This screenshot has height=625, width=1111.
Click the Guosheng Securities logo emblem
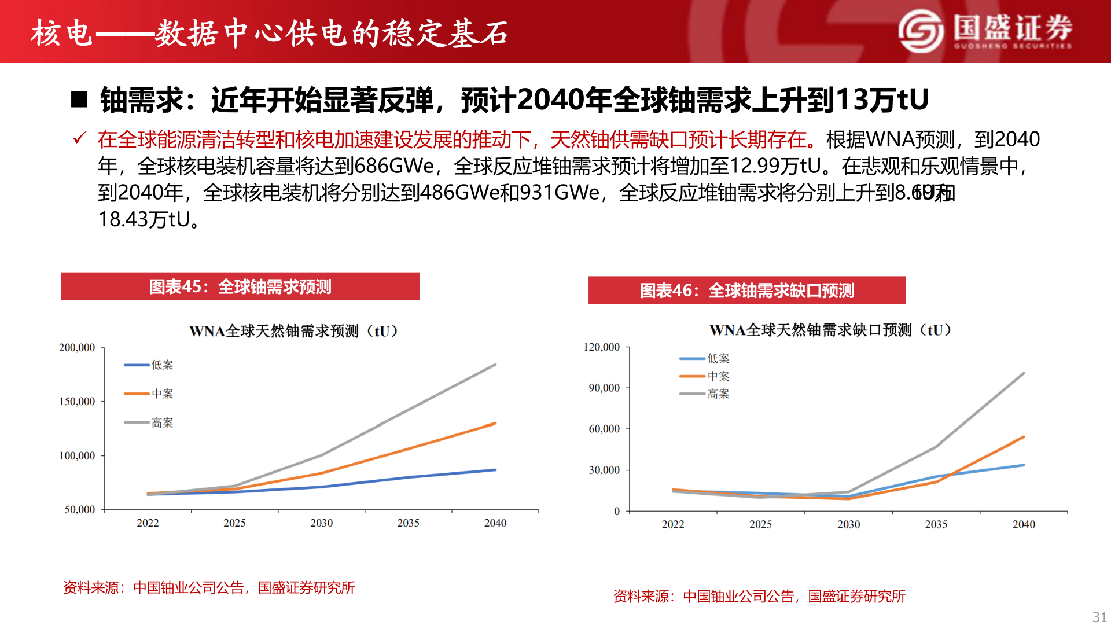pyautogui.click(x=921, y=31)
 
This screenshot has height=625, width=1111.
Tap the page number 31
pyautogui.click(x=1099, y=616)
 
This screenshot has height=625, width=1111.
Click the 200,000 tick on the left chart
pyautogui.click(x=77, y=348)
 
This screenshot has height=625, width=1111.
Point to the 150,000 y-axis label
pyautogui.click(x=77, y=402)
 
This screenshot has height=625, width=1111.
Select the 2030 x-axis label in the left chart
pyautogui.click(x=321, y=523)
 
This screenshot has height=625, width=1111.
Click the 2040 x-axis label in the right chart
pyautogui.click(x=1024, y=524)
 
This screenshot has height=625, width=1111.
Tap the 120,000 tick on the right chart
pyautogui.click(x=602, y=347)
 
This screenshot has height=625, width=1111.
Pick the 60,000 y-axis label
pyautogui.click(x=604, y=429)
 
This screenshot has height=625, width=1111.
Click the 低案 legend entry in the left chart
pyautogui.click(x=162, y=365)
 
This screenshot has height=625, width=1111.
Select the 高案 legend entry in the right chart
pyautogui.click(x=718, y=394)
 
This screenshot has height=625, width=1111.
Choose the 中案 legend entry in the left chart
pyautogui.click(x=162, y=394)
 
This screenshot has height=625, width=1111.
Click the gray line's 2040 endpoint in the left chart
pyautogui.click(x=495, y=365)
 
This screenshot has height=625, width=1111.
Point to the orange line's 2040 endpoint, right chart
pyautogui.click(x=1024, y=437)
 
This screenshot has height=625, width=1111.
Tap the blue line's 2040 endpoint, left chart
pyautogui.click(x=495, y=470)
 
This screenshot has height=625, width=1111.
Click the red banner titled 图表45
pyautogui.click(x=240, y=286)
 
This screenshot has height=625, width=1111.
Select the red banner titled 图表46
pyautogui.click(x=746, y=291)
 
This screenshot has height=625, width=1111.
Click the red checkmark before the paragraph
pyautogui.click(x=79, y=138)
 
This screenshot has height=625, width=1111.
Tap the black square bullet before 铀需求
pyautogui.click(x=79, y=100)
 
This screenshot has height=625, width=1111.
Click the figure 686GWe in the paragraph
pyautogui.click(x=394, y=166)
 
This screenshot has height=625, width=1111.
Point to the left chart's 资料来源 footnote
pyautogui.click(x=209, y=588)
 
